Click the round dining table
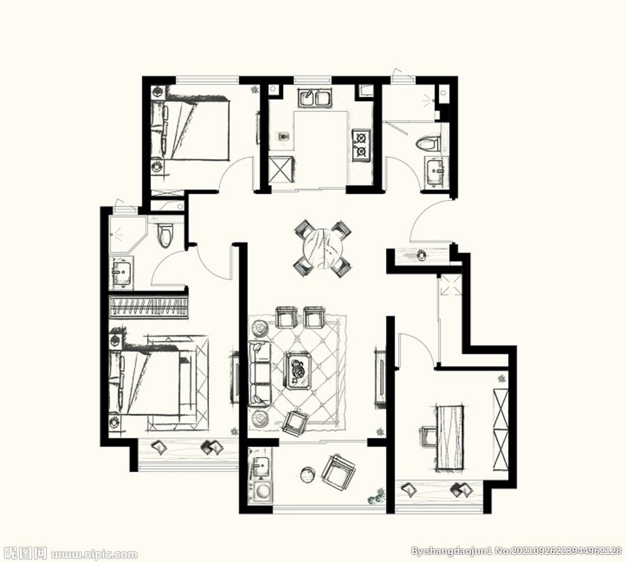coord(322,248)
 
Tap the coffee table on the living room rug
coord(298,370)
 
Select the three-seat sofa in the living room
coord(259,372)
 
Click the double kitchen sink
coord(315,98)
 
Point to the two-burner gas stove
coord(361,144)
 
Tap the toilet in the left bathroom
coord(165,235)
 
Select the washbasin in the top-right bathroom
coord(434,171)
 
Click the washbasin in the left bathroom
coord(122,272)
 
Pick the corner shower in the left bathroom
coord(127,234)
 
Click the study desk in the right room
coord(451,437)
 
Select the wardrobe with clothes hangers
coord(148,307)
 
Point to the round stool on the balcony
coord(309,475)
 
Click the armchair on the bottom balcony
coord(338,473)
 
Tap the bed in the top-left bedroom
coord(190,129)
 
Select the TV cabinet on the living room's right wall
coord(380,378)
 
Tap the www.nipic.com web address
coord(95,555)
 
